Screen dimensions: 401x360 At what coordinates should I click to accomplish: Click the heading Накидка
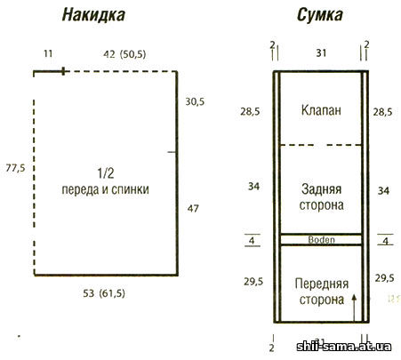click(x=93, y=15)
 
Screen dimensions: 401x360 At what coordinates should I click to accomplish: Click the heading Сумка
click(x=320, y=15)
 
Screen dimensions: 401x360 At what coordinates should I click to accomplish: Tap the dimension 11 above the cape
click(x=48, y=53)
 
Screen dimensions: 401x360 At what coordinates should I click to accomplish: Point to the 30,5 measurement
click(x=195, y=101)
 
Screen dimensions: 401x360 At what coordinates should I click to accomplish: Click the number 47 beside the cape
click(x=193, y=209)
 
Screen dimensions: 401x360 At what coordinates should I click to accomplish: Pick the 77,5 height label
click(x=15, y=168)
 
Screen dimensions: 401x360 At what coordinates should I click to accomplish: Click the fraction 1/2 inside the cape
click(x=106, y=173)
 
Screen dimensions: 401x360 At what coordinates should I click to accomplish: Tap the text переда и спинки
click(x=105, y=189)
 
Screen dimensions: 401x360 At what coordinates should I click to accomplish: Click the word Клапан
click(x=321, y=110)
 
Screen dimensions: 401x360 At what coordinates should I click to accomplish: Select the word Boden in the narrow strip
click(x=321, y=239)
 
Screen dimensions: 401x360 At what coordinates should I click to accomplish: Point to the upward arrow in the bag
click(x=354, y=308)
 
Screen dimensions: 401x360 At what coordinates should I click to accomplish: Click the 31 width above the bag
click(x=321, y=53)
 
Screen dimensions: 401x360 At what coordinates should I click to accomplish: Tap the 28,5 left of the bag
click(x=250, y=111)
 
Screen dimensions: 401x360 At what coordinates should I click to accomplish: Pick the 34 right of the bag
click(x=383, y=190)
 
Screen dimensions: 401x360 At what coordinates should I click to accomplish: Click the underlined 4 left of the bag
click(x=252, y=240)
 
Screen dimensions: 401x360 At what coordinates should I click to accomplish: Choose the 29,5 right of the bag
click(x=384, y=278)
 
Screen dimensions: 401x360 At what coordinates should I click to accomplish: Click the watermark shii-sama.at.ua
click(x=344, y=346)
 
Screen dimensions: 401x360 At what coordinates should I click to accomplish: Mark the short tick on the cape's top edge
click(x=63, y=71)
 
